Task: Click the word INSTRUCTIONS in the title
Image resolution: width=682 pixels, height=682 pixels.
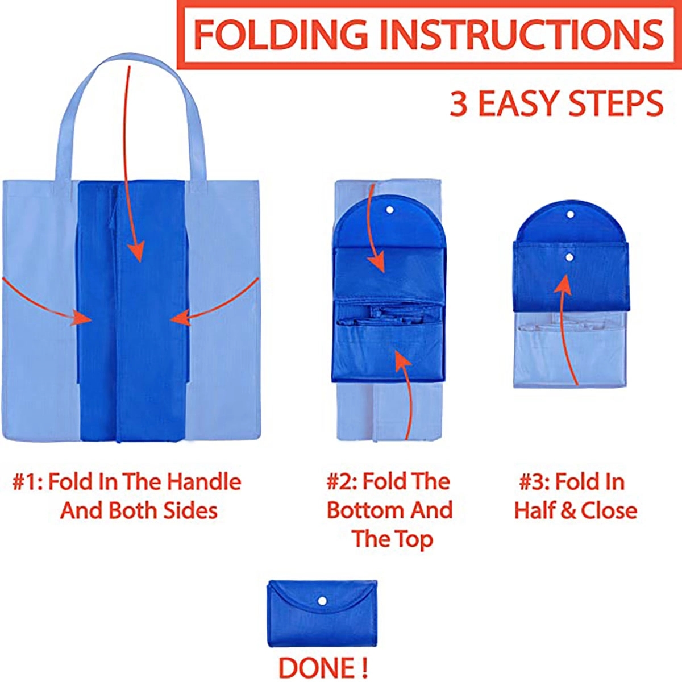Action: click(x=521, y=34)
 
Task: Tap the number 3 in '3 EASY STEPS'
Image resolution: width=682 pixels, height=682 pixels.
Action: click(x=459, y=104)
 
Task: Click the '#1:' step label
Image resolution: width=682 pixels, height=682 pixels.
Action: click(x=27, y=482)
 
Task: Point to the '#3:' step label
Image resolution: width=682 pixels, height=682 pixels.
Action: click(x=533, y=482)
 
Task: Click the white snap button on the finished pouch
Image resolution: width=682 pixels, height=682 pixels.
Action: click(x=322, y=601)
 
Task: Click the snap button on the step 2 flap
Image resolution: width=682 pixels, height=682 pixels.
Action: click(x=390, y=210)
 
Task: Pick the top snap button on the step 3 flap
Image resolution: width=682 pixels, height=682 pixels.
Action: click(x=569, y=215)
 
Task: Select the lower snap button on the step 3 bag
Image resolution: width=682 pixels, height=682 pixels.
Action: click(x=569, y=257)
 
